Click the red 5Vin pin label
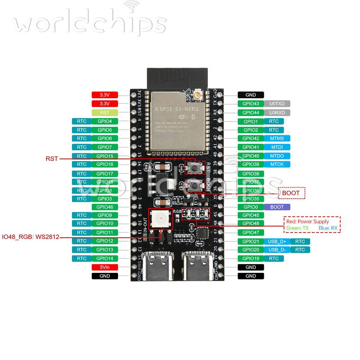click(x=105, y=267)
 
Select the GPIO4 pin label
click(x=105, y=121)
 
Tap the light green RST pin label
click(x=105, y=113)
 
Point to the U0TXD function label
click(x=277, y=104)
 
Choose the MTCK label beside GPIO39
click(x=277, y=164)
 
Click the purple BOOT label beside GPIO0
click(x=277, y=207)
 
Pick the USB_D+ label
click(x=277, y=241)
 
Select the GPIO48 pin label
click(x=251, y=223)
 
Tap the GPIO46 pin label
click(x=105, y=207)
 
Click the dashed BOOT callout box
click(x=291, y=193)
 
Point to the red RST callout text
click(x=51, y=159)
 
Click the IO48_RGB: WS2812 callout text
click(x=31, y=237)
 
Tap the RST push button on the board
click(x=195, y=167)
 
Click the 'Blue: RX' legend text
click(x=328, y=228)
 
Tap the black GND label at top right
click(x=251, y=95)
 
